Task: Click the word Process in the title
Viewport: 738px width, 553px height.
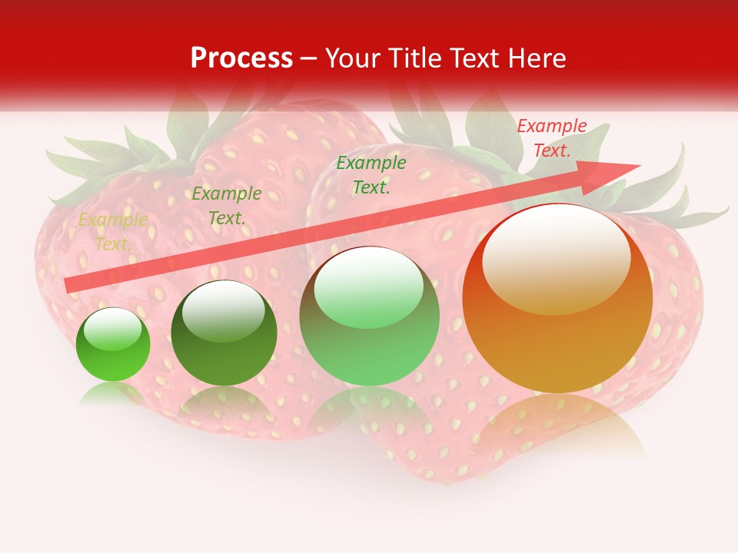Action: pos(241,58)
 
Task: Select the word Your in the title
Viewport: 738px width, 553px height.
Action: pos(351,58)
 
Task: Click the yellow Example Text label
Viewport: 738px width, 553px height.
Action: pos(112,232)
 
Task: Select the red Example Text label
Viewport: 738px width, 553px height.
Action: pos(551,138)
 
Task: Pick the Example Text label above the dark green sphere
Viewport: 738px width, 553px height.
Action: pos(227,206)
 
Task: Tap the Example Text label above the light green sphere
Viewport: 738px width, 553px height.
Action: pos(371,174)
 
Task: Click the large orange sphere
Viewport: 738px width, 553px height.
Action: pos(557,338)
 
